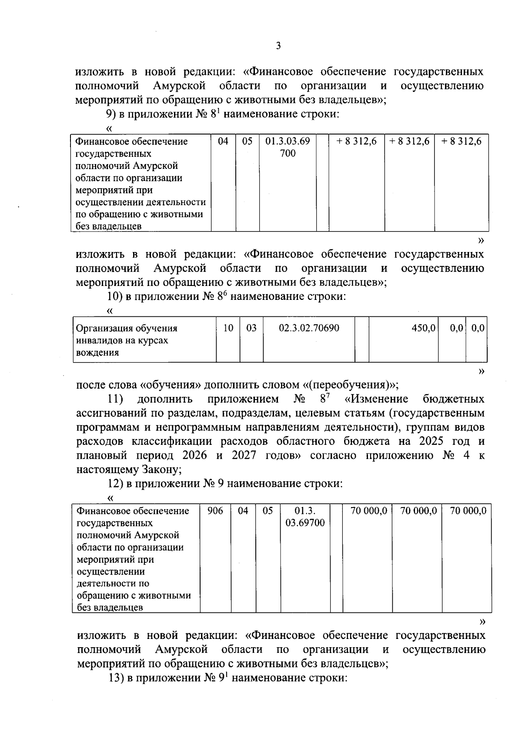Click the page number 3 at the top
pos(278,46)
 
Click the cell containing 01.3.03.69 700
pos(288,147)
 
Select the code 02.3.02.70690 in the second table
pos(309,328)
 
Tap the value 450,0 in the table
pos(424,329)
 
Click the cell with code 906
pos(215,511)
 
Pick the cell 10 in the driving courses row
pos(228,328)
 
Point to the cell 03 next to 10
pos(251,328)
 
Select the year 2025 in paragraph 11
pos(432,441)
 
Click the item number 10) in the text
pos(115,297)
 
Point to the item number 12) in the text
pos(116,484)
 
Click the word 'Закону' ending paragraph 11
pos(160,470)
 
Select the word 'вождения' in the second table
pos(97,353)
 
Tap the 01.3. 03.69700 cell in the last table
pos(305,517)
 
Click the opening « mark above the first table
pos(109,128)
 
